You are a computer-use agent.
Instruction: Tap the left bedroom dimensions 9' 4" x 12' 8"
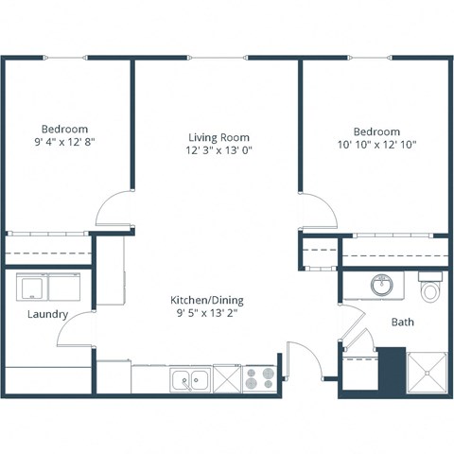tap(64, 142)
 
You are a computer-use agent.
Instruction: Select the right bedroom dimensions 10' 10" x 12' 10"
tap(376, 145)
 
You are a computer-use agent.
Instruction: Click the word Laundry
tap(47, 315)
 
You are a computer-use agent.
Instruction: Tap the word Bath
tap(403, 323)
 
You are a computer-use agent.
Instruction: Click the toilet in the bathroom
tap(431, 288)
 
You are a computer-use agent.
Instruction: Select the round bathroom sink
tap(383, 284)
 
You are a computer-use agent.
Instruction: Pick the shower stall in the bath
tap(428, 373)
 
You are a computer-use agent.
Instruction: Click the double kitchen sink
tap(191, 380)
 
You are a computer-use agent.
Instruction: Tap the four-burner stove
tap(257, 380)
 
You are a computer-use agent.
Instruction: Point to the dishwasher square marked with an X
tap(227, 380)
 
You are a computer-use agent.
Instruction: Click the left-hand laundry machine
tap(31, 288)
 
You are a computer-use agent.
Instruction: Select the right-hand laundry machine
tap(67, 288)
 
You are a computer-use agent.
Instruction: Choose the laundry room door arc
tap(81, 331)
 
